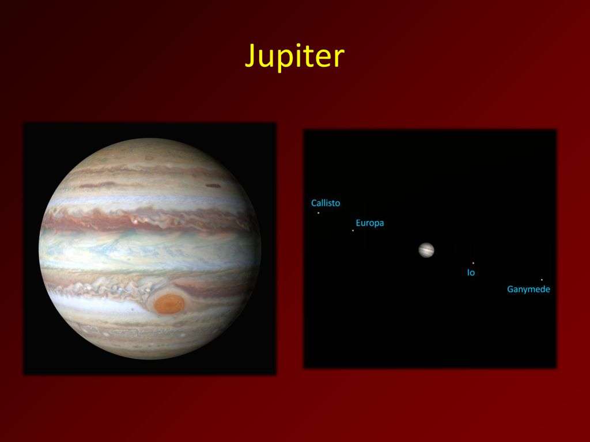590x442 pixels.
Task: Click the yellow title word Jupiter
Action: tap(294, 57)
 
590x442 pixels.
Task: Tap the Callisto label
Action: tap(326, 203)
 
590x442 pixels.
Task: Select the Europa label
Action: tap(370, 223)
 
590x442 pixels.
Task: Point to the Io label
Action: tap(471, 272)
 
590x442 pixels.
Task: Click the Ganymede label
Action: tap(528, 289)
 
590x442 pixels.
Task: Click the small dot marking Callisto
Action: tap(318, 213)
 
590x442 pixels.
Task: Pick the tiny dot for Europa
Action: tap(353, 230)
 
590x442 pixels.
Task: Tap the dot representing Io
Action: tap(473, 263)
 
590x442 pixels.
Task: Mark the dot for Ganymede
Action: tap(542, 280)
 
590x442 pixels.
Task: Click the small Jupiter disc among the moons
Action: tap(426, 250)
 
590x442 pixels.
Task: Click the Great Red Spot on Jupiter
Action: tap(169, 304)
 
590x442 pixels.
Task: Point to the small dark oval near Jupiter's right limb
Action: tap(213, 185)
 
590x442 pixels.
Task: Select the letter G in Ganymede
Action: tap(510, 289)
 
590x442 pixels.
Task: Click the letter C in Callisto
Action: tap(314, 203)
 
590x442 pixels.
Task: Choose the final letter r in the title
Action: tap(340, 59)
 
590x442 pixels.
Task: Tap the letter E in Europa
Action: tap(358, 223)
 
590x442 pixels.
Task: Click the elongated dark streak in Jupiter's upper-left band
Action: tap(98, 185)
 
